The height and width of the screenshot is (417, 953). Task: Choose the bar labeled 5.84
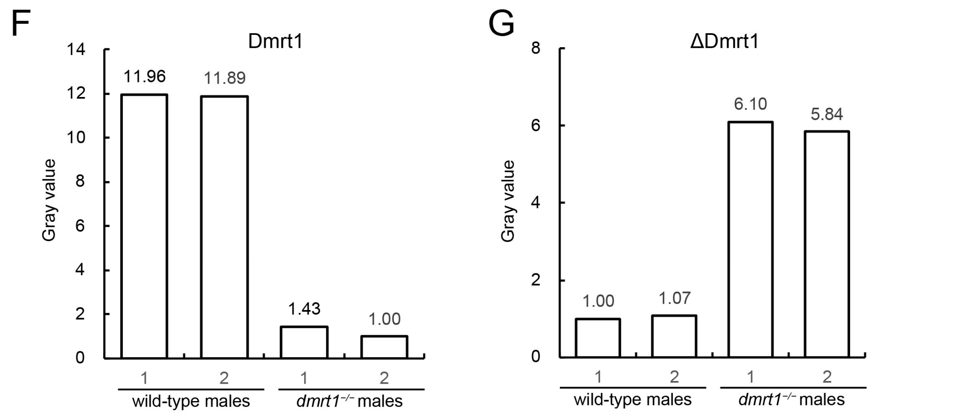click(x=827, y=244)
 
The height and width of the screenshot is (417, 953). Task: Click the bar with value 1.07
click(x=674, y=336)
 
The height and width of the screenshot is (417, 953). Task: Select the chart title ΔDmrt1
click(x=724, y=41)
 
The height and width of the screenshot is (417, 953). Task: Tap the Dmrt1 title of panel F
click(x=275, y=41)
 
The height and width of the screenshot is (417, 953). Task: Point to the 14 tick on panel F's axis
click(x=76, y=50)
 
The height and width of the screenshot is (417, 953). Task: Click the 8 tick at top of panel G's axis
click(x=536, y=48)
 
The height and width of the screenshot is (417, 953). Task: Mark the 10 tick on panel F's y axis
click(x=76, y=138)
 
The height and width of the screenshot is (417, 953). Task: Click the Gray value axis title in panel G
click(x=508, y=201)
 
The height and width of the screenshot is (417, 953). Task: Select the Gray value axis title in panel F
click(x=49, y=200)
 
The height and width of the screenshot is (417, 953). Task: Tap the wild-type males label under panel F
click(x=191, y=402)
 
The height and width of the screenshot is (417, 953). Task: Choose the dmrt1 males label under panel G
click(x=791, y=400)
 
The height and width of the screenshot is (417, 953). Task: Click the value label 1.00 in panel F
click(x=384, y=319)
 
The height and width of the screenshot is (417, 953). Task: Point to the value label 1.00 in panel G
click(x=598, y=301)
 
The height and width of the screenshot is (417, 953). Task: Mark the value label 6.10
click(x=750, y=104)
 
